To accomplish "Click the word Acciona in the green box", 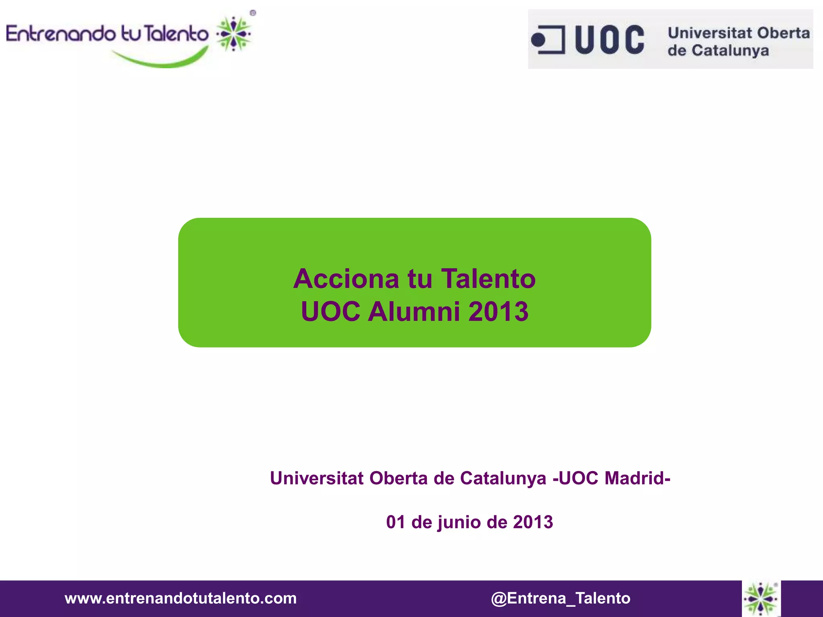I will tap(346, 279).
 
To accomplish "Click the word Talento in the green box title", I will tap(488, 279).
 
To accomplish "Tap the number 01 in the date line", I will tap(395, 522).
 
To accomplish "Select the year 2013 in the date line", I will tap(533, 522).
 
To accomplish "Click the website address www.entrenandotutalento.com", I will tap(180, 598).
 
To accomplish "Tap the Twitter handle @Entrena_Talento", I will tap(561, 598).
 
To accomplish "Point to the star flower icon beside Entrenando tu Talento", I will tap(233, 34).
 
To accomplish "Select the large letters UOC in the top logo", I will tap(610, 39).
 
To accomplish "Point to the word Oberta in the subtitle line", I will tap(398, 478).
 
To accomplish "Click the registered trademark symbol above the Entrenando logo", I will tap(253, 13).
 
